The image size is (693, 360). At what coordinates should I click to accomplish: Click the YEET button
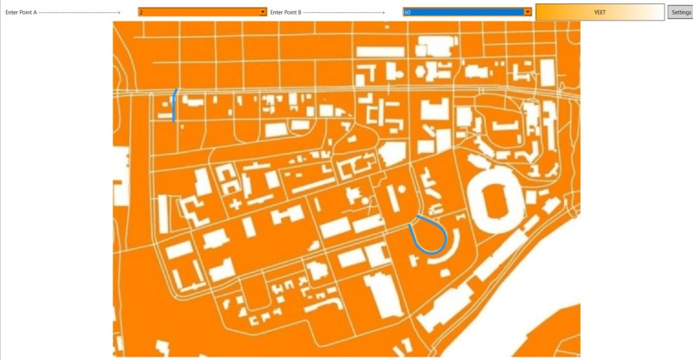(599, 12)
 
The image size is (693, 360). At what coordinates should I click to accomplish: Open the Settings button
(680, 12)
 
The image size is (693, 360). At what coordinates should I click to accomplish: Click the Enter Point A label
(21, 13)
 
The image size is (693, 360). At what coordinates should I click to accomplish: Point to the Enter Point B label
(286, 13)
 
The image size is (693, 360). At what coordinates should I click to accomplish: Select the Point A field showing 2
(198, 12)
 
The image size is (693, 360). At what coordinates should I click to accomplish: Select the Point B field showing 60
(463, 12)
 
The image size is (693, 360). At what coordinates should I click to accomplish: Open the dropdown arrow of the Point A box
(262, 12)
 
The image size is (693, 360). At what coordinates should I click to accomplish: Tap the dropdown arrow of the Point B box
(527, 12)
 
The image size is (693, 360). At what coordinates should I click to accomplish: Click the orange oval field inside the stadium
(494, 201)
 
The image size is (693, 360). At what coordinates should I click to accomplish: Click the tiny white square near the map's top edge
(386, 27)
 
